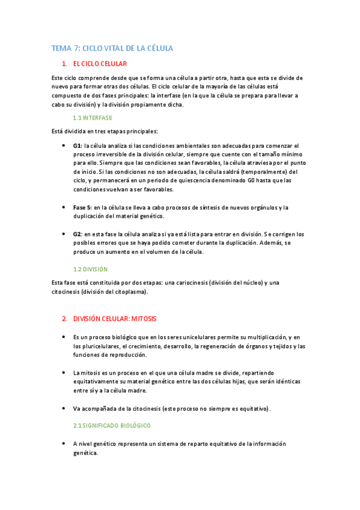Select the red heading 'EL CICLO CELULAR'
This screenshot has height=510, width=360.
(x=100, y=64)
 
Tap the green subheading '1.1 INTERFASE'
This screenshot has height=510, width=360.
(x=92, y=118)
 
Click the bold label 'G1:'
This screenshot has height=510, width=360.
(x=77, y=146)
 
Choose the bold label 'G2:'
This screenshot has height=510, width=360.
(x=77, y=233)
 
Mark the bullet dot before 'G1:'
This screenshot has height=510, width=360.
(x=64, y=146)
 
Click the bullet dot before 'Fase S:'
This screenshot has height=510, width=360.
(x=64, y=207)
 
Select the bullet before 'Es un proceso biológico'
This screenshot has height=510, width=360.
(x=64, y=337)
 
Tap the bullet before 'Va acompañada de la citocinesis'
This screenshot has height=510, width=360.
(x=64, y=408)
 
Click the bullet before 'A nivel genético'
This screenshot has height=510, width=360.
(x=64, y=444)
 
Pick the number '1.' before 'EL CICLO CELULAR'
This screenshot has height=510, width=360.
(x=64, y=64)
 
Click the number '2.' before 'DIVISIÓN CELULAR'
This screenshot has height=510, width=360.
(x=64, y=318)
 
